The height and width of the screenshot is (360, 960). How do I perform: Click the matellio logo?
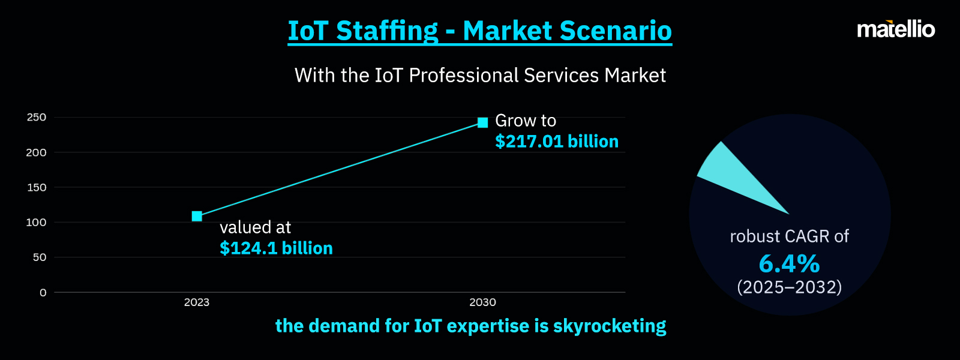click(896, 29)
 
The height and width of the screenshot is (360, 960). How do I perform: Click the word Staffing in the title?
click(387, 31)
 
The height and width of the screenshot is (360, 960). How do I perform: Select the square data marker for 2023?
click(197, 216)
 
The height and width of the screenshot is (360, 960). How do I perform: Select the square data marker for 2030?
click(482, 122)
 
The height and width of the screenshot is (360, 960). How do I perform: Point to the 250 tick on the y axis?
click(37, 118)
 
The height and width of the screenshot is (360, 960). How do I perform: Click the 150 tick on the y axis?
click(37, 187)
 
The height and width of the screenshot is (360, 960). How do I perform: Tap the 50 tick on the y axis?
click(40, 257)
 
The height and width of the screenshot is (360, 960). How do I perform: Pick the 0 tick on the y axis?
click(43, 293)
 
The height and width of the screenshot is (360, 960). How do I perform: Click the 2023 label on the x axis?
click(197, 302)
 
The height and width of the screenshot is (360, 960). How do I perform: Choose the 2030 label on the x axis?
click(482, 302)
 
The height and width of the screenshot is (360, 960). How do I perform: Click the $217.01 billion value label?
click(556, 142)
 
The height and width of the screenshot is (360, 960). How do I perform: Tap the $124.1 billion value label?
click(276, 248)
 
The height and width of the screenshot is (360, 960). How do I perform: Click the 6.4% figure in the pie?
click(789, 264)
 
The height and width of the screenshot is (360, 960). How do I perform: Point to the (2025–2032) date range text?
click(789, 287)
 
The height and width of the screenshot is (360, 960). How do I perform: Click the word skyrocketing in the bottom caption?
click(610, 326)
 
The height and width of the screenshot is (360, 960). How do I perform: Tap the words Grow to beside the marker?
click(526, 121)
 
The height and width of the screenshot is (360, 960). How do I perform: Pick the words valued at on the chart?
click(255, 227)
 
